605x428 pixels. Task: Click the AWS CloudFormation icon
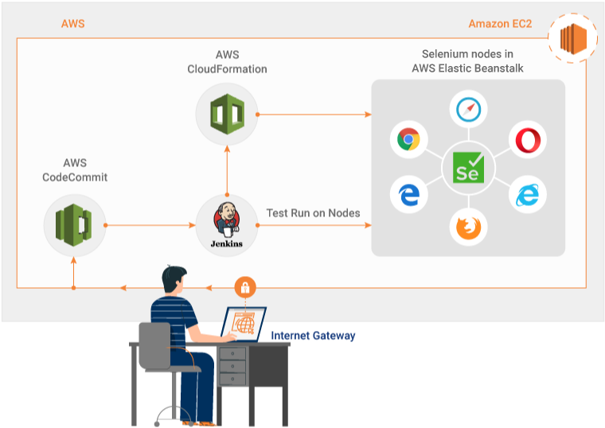tap(227, 115)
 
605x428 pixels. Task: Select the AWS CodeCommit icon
tap(74, 225)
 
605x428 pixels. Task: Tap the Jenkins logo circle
tap(227, 225)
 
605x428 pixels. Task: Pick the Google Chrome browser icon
tap(409, 140)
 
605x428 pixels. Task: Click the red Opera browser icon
tap(526, 140)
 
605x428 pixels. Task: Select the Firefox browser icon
tap(467, 228)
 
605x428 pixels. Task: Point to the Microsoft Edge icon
tap(409, 195)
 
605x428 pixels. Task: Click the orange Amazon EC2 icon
tap(571, 38)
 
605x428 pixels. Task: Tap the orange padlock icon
tap(246, 287)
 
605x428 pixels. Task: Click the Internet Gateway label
tap(313, 336)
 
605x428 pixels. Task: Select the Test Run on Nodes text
tap(313, 213)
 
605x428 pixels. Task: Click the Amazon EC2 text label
tap(500, 24)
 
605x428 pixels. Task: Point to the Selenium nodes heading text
tap(467, 62)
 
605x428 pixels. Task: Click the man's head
tap(177, 281)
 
